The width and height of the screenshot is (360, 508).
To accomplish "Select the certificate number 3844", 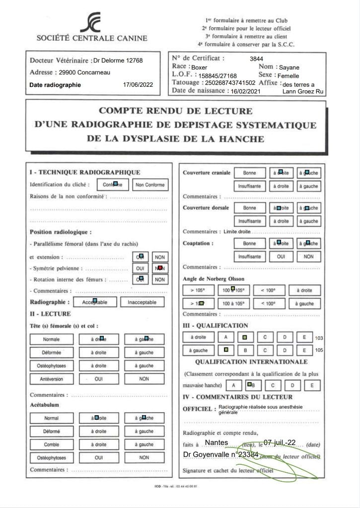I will (256, 59).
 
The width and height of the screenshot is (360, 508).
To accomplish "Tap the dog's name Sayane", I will (289, 67).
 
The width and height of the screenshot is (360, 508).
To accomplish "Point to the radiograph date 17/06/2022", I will (139, 85).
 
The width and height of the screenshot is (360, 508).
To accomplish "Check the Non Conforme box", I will (149, 185).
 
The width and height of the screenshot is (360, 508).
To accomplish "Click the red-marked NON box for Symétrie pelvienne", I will (159, 268).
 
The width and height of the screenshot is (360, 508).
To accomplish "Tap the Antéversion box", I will (51, 379).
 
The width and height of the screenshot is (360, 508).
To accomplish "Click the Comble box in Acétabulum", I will (51, 444).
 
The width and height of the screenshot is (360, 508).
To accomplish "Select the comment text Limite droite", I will (237, 232).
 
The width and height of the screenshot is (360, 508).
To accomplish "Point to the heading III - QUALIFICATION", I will (215, 325).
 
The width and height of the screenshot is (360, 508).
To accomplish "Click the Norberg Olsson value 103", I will (319, 338).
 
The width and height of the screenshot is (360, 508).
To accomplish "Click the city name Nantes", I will (216, 443).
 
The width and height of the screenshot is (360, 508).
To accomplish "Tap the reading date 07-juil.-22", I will (280, 443).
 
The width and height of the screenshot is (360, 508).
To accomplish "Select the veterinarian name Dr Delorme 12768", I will (118, 61).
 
